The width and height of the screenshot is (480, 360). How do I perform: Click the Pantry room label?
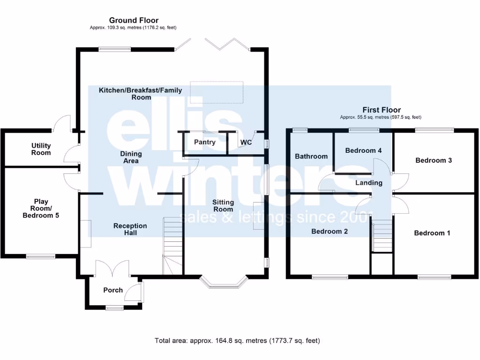pyautogui.click(x=204, y=142)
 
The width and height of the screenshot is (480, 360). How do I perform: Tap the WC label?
pyautogui.click(x=246, y=142)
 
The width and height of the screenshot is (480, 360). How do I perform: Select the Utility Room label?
pyautogui.click(x=41, y=149)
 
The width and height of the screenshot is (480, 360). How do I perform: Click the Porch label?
pyautogui.click(x=113, y=290)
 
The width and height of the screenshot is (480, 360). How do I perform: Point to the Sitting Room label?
pyautogui.click(x=223, y=205)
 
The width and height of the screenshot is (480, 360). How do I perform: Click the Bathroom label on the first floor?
pyautogui.click(x=311, y=156)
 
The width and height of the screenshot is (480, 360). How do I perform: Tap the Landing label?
pyautogui.click(x=369, y=183)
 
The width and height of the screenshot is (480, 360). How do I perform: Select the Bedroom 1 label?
pyautogui.click(x=432, y=233)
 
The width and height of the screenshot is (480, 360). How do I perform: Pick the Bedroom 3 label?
pyautogui.click(x=434, y=160)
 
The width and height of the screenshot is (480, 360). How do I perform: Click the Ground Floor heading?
pyautogui.click(x=134, y=20)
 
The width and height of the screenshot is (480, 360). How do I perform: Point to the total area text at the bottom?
pyautogui.click(x=237, y=340)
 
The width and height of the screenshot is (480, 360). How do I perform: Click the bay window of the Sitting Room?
pyautogui.click(x=223, y=283)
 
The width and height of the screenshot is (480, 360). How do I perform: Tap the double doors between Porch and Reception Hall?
pyautogui.click(x=112, y=268)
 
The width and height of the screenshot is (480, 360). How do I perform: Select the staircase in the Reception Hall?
pyautogui.click(x=172, y=246)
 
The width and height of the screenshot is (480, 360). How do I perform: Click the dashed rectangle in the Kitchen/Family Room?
pyautogui.click(x=217, y=92)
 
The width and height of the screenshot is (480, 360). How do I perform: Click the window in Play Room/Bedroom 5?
pyautogui.click(x=40, y=256)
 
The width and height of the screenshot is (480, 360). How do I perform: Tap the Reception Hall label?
pyautogui.click(x=130, y=229)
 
